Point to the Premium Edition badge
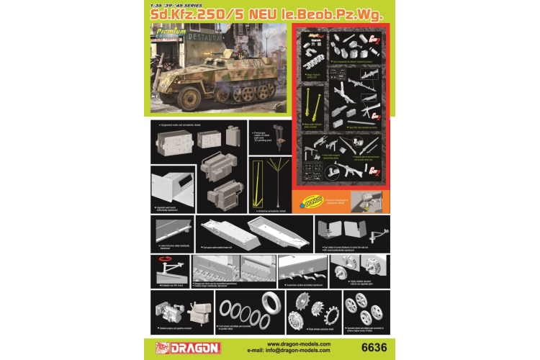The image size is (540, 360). (171, 32)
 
